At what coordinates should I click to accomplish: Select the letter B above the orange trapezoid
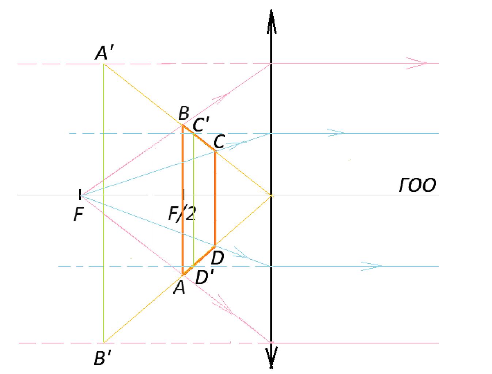click(x=184, y=113)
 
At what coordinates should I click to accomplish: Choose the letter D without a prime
click(x=217, y=258)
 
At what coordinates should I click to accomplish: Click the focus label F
click(x=79, y=214)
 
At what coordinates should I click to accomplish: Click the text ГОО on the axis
click(x=417, y=186)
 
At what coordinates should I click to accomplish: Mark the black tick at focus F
click(x=80, y=194)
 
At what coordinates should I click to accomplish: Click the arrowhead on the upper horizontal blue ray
click(x=335, y=133)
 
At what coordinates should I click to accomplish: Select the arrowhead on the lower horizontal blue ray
click(x=371, y=266)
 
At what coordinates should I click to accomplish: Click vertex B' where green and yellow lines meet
click(x=103, y=343)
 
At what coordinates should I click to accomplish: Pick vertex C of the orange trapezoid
click(x=215, y=152)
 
